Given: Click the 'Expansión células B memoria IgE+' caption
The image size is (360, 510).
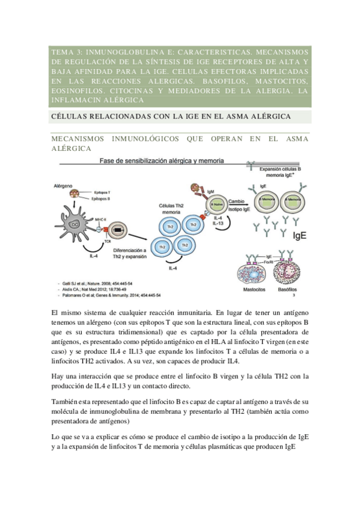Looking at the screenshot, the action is click(280, 173).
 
